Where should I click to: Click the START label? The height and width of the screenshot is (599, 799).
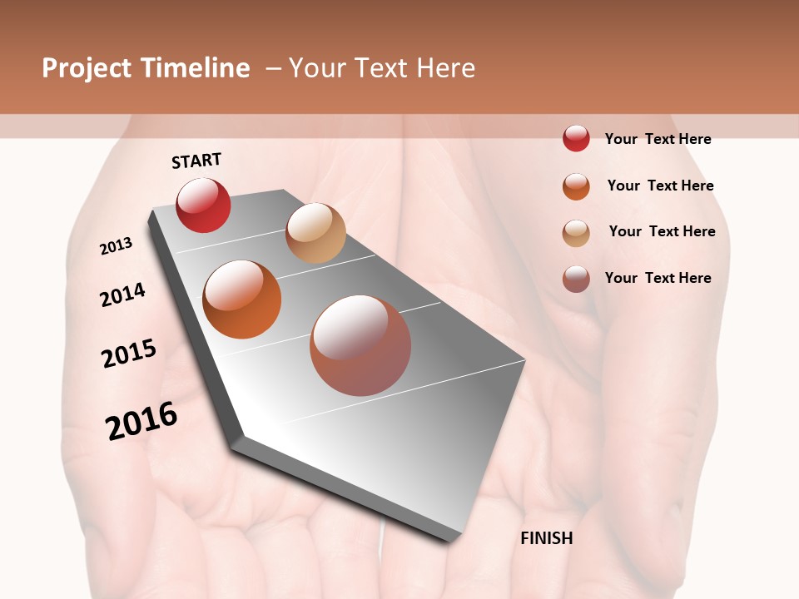[196, 161]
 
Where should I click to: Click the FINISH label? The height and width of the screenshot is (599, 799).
[546, 538]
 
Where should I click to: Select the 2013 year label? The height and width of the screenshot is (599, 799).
[117, 245]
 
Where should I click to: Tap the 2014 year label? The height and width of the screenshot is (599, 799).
[122, 295]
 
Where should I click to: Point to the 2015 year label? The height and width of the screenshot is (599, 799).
[129, 354]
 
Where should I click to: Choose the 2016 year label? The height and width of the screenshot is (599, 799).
[141, 421]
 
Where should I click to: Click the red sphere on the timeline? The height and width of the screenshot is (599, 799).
[203, 205]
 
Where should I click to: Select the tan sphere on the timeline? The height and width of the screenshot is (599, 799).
[315, 233]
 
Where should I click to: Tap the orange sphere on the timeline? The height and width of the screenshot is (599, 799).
[241, 299]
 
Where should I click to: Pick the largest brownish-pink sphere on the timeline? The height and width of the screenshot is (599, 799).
[360, 345]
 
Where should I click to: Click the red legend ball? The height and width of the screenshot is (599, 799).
[576, 138]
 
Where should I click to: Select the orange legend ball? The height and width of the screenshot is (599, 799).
[576, 186]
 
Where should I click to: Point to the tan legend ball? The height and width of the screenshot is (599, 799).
[576, 233]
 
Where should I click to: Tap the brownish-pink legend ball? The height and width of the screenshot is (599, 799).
[576, 279]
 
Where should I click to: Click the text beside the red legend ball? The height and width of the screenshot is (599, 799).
[658, 139]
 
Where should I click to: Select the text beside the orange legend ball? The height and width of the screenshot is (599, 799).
[660, 186]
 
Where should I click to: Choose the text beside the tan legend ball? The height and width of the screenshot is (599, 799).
[662, 231]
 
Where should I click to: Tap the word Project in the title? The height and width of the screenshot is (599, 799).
[87, 68]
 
